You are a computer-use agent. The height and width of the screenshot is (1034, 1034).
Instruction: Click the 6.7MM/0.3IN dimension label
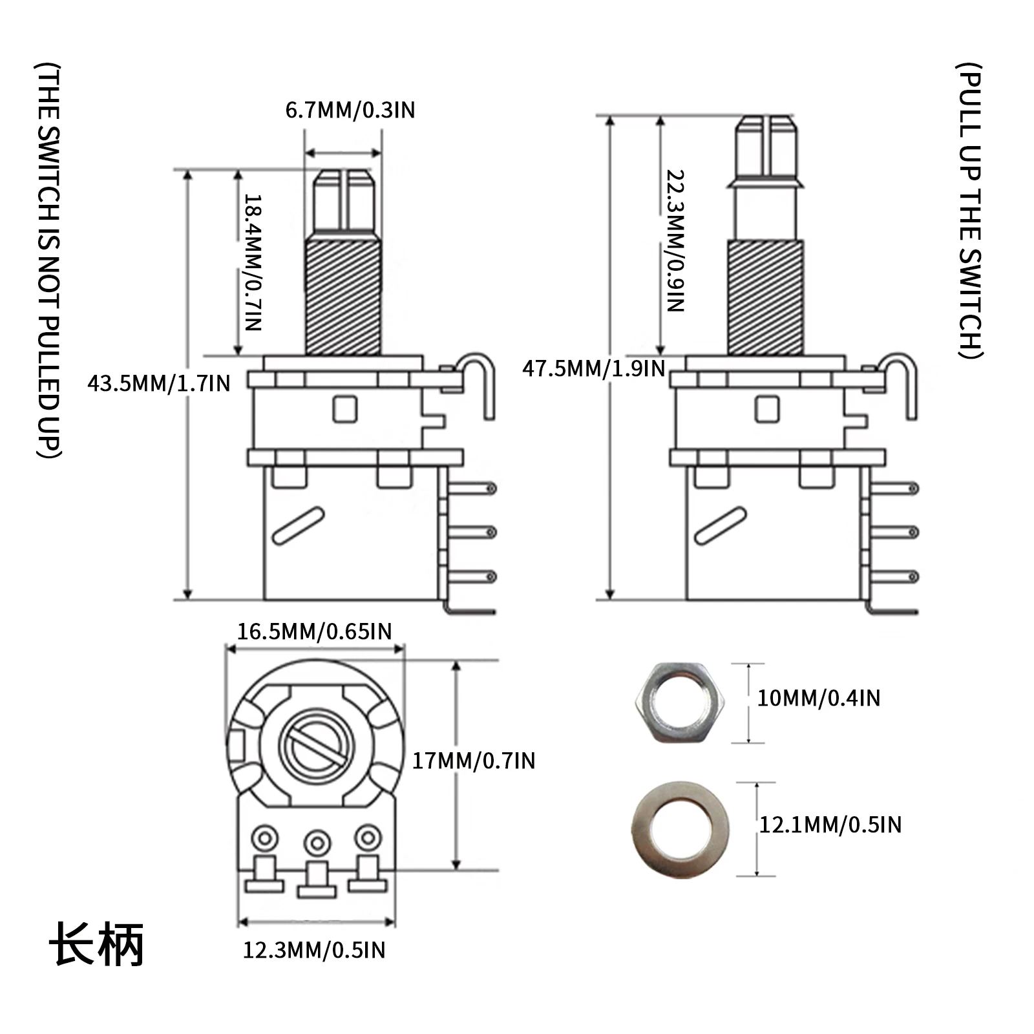tap(350, 111)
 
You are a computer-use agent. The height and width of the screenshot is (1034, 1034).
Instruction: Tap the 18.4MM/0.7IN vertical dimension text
tap(253, 262)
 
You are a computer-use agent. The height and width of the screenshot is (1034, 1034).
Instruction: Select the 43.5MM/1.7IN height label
tap(159, 383)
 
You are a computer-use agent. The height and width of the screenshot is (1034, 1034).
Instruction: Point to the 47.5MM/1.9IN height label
tap(593, 369)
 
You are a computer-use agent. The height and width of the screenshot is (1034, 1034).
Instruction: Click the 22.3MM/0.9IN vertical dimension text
tap(675, 241)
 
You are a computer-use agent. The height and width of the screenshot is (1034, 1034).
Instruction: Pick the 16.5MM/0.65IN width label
tap(314, 631)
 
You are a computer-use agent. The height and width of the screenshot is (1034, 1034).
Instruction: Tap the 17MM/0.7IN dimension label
tap(474, 761)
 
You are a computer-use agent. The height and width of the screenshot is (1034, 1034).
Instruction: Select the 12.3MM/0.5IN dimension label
tap(314, 950)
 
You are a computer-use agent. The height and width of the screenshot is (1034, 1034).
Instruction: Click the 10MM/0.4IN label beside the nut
tap(818, 698)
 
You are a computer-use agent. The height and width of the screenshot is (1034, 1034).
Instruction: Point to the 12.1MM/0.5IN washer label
tap(830, 825)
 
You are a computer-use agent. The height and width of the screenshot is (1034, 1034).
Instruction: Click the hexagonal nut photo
tap(680, 702)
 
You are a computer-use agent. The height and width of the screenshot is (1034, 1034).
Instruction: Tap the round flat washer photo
tap(680, 828)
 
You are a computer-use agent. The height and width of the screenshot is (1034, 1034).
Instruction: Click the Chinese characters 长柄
tap(96, 944)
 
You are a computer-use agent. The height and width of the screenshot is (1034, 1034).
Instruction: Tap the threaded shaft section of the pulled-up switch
tap(766, 297)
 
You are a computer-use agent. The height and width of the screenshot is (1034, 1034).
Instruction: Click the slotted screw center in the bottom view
tap(317, 746)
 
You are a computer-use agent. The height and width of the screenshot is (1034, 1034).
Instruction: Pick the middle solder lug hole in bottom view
tap(317, 843)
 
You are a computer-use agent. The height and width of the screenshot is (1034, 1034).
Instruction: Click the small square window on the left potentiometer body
tap(345, 409)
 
